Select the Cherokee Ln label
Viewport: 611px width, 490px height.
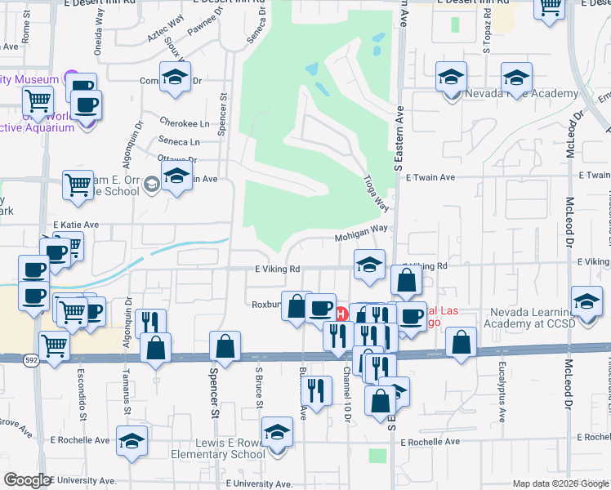coord(184,124)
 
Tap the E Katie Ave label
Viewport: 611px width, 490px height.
coord(75,225)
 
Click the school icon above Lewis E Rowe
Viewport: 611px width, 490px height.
coord(277,431)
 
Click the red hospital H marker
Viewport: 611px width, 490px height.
coord(342,312)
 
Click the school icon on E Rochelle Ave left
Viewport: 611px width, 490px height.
coord(132,440)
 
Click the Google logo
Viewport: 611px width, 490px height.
coord(27,480)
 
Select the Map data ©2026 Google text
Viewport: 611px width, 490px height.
coord(560,483)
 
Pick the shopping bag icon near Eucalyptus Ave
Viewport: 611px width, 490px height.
coord(462,342)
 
